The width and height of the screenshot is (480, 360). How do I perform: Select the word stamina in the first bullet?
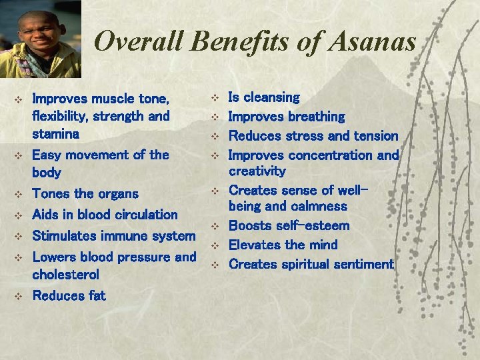point(55,133)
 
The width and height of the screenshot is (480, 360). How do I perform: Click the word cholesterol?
point(65,274)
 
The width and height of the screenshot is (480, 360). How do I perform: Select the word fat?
point(95,295)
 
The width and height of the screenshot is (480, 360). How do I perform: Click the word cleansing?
point(273,97)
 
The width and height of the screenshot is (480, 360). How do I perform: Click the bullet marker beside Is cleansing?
point(215,98)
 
